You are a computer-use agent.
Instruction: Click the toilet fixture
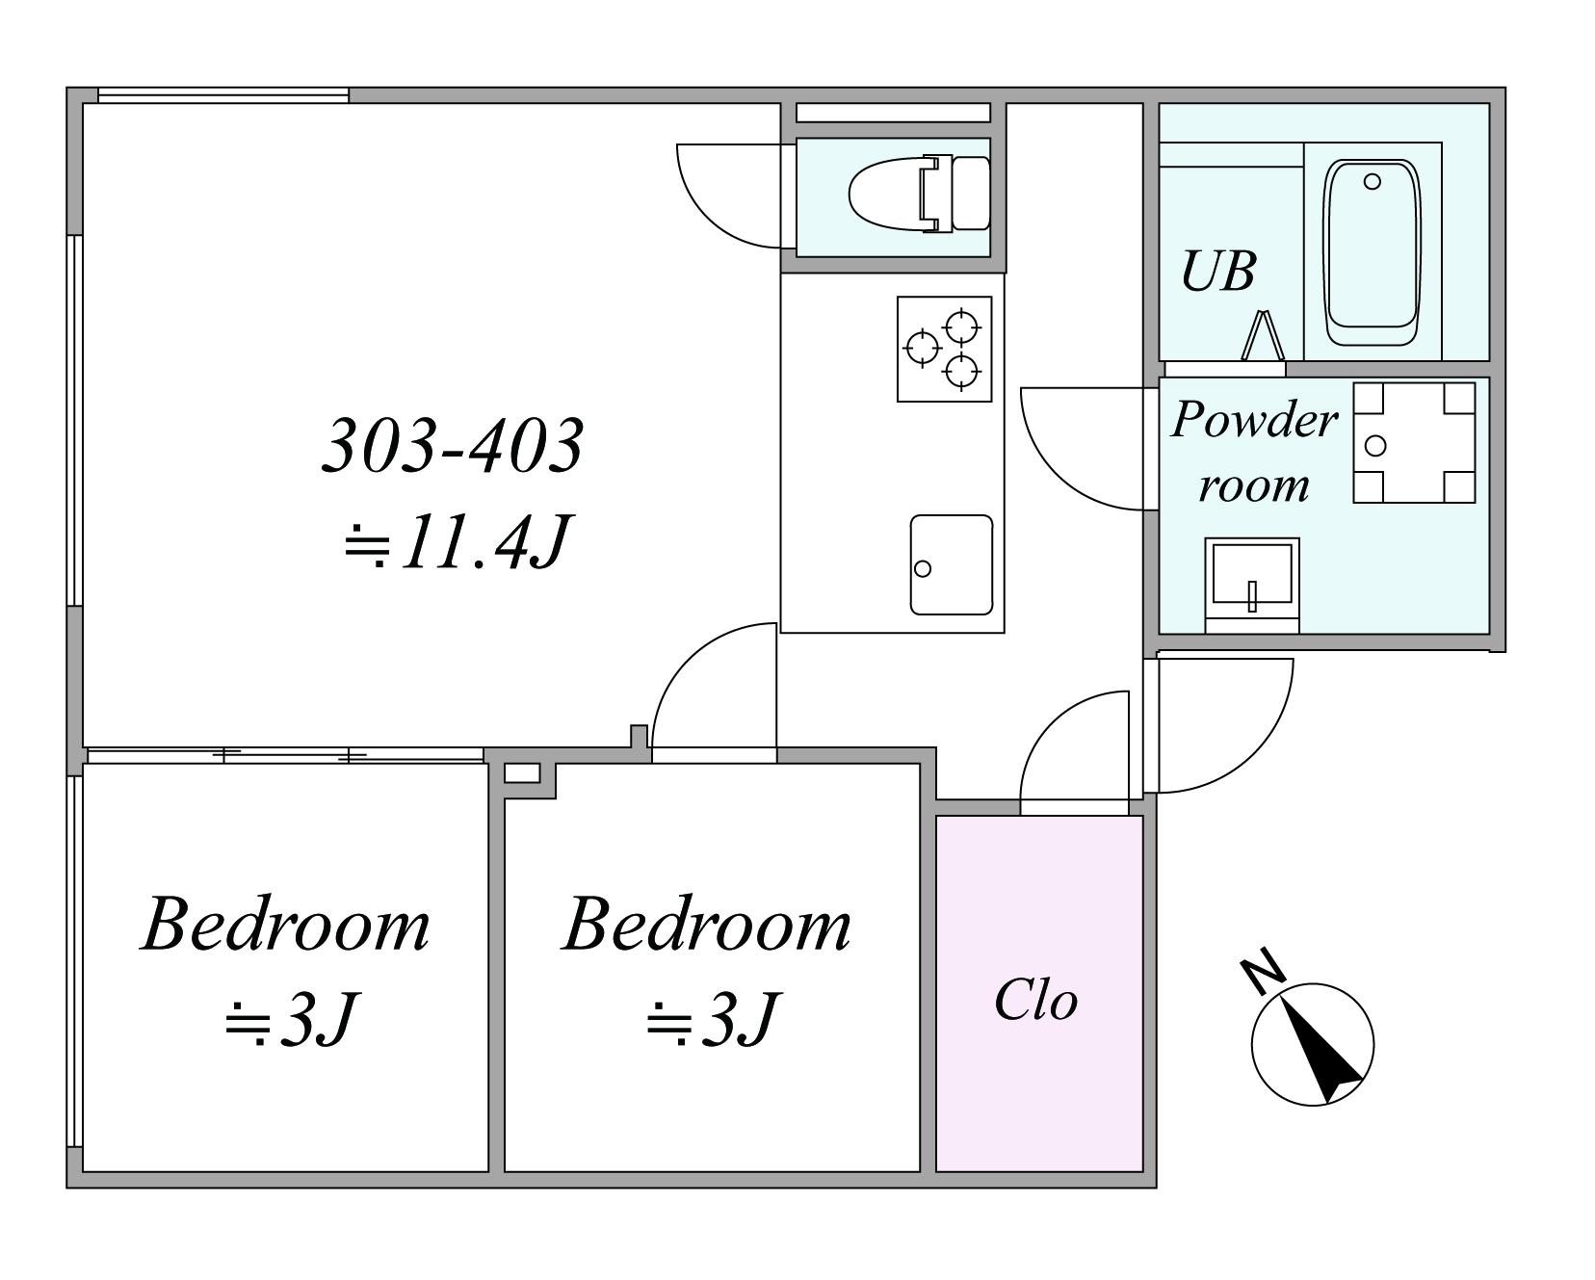pos(919,194)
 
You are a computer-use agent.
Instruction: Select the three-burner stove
pos(944,349)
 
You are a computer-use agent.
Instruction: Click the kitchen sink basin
pos(952,565)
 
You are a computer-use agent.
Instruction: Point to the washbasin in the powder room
pos(1252,585)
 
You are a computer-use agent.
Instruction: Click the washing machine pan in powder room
pos(1414,443)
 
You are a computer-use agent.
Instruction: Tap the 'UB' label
pos(1218,272)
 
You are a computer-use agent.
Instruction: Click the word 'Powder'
pos(1255,421)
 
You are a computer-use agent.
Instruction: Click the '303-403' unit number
pos(453,446)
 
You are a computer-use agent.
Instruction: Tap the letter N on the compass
pos(1264,971)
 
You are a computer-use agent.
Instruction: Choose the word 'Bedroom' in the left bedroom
pos(286,926)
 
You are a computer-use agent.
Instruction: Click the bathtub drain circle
pos(1373,181)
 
